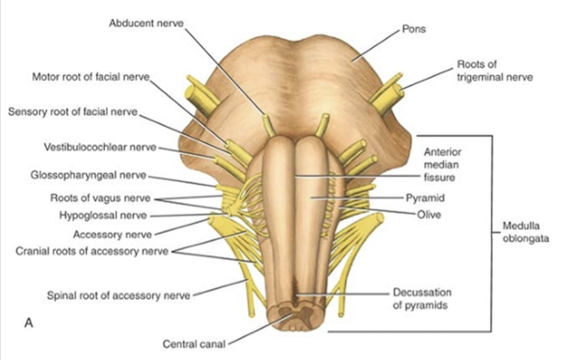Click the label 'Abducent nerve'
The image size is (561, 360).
146,23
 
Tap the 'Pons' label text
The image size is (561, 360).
414,29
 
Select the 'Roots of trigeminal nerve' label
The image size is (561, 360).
494,70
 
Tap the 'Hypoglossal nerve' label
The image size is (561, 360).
103,215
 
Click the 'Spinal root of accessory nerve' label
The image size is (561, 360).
118,295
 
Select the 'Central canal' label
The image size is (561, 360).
194,344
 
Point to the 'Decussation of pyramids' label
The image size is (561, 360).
422,299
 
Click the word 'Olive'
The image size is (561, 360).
429,215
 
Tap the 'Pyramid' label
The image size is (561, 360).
425,197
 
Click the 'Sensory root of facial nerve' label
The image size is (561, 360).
73,112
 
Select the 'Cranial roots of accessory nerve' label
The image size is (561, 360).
92,251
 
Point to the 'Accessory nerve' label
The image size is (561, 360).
112,234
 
